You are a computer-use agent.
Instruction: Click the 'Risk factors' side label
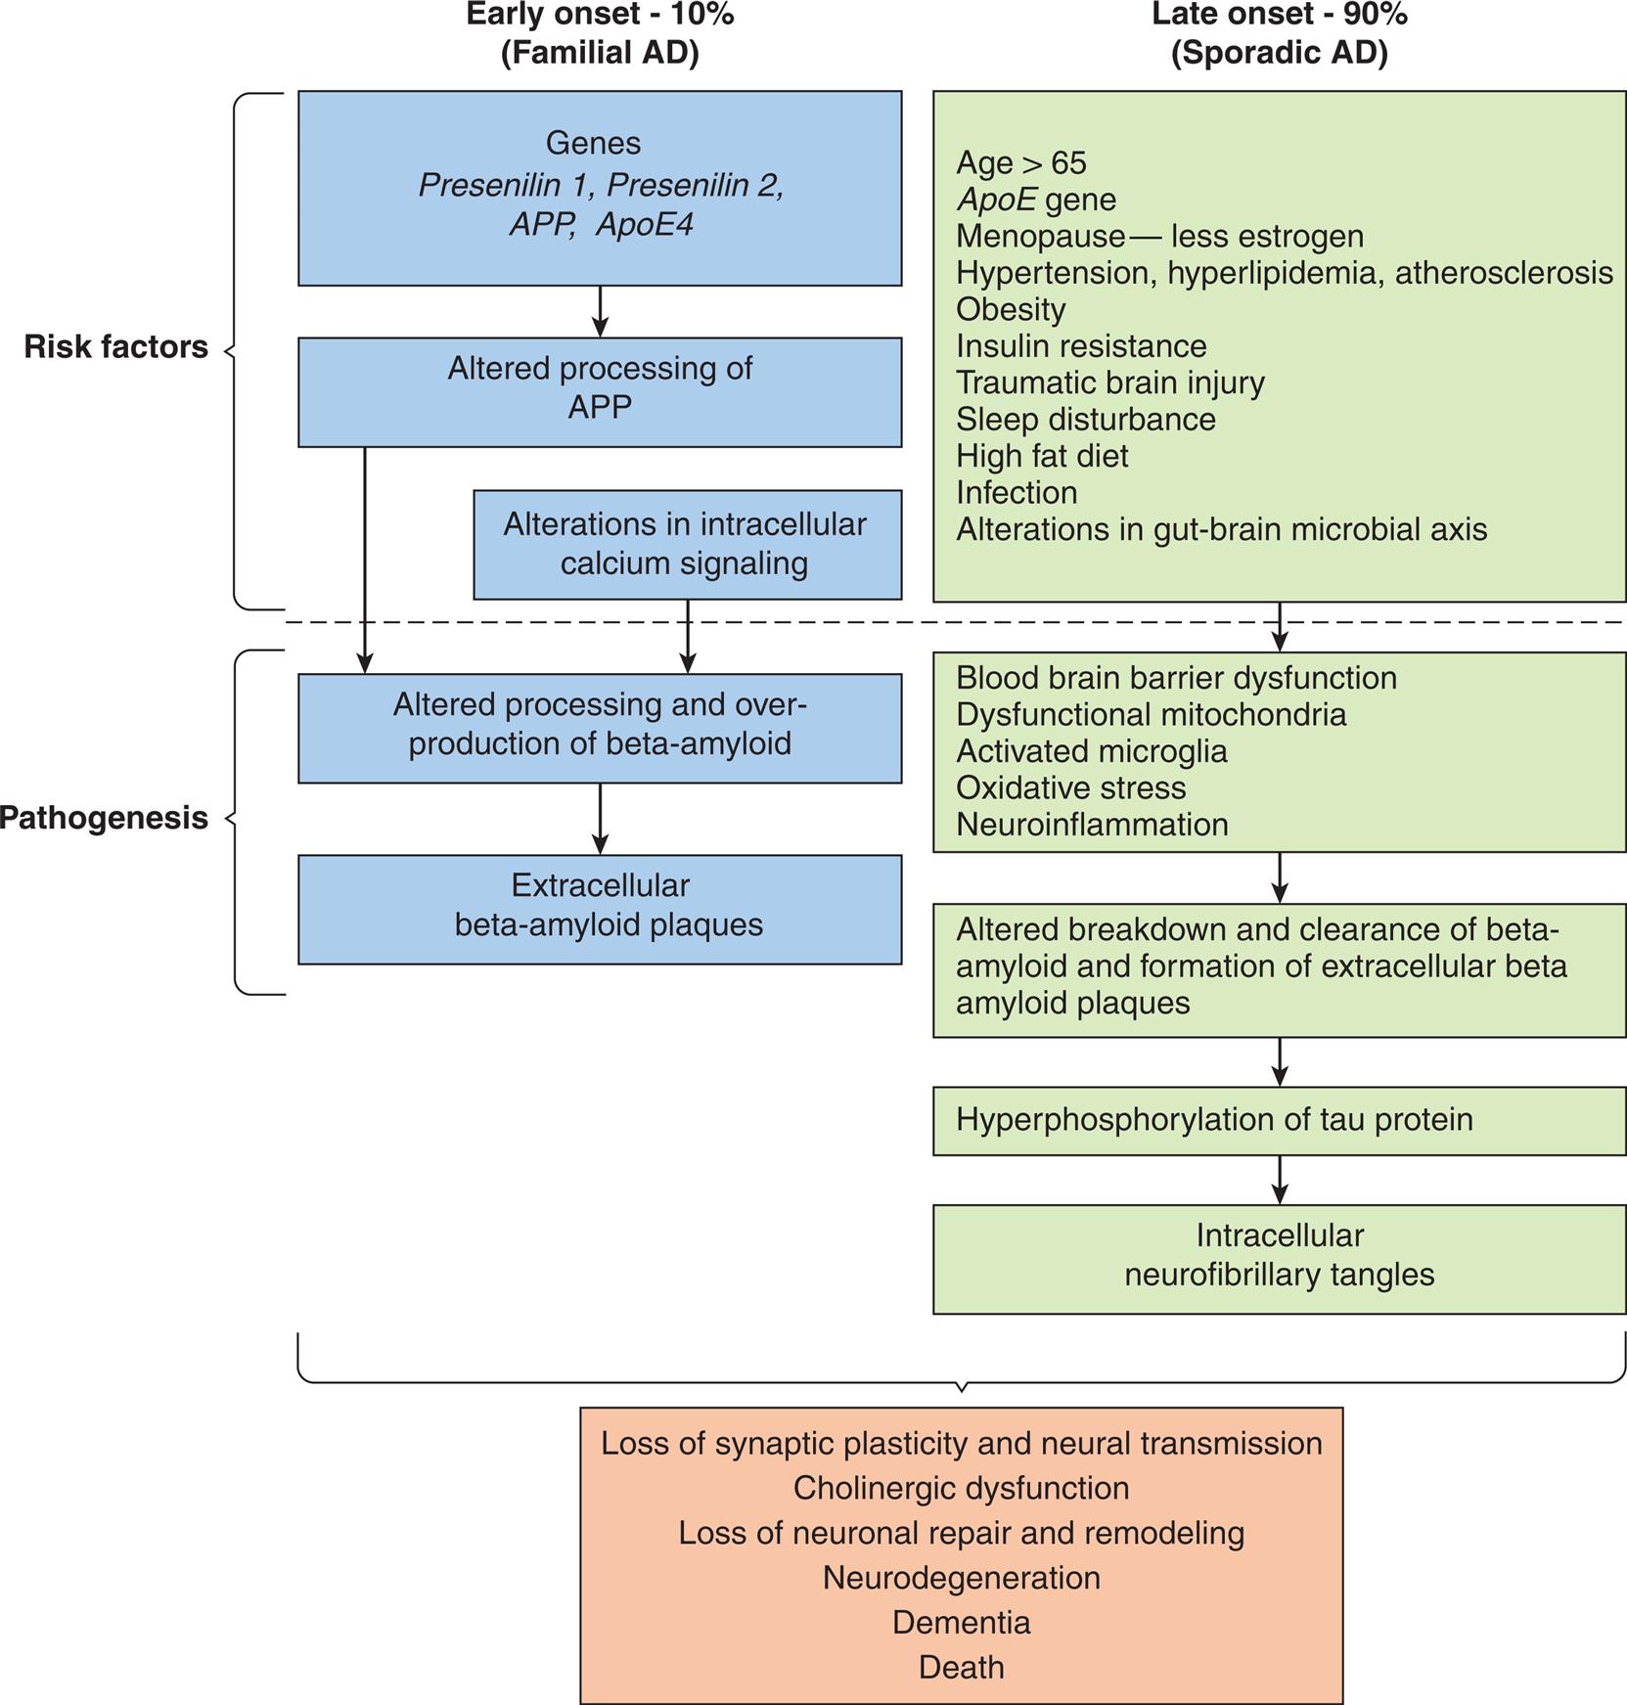115,347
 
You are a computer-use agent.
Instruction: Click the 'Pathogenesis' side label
104,818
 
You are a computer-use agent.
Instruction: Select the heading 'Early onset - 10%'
600,15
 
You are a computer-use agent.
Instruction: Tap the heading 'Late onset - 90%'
1279,15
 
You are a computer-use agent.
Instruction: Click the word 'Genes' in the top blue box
593,143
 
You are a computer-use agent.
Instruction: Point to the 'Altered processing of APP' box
600,391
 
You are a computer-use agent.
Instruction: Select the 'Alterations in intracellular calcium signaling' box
687,545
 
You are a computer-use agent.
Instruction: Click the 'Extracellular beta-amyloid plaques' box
600,909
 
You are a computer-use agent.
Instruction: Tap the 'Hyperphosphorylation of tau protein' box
1279,1120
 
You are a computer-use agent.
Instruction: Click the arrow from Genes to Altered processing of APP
601,311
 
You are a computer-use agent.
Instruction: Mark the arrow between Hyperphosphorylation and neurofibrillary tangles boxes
1280,1180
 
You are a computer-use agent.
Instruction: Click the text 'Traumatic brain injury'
1109,382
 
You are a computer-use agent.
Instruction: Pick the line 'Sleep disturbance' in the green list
1085,420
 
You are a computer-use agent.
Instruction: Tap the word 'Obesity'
1011,309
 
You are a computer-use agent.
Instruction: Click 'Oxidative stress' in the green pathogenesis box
1070,788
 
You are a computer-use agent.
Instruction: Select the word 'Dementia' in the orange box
961,1623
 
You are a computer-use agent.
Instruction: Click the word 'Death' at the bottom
961,1668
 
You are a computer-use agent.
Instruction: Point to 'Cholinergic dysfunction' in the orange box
961,1488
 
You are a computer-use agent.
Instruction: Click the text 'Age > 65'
1020,162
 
